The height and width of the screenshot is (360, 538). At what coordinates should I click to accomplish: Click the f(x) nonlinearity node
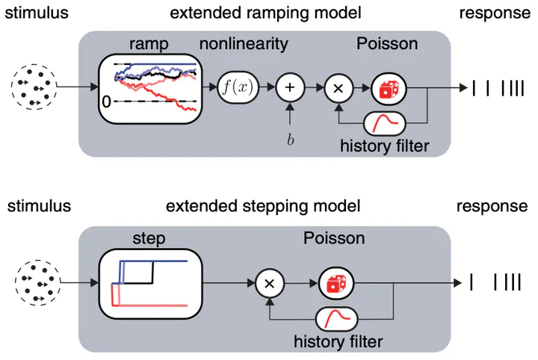point(238,87)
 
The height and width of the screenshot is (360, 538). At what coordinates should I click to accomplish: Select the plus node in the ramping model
point(290,87)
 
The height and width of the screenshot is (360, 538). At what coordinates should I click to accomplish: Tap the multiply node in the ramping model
point(338,88)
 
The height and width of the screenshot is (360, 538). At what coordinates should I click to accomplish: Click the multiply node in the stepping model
point(270,283)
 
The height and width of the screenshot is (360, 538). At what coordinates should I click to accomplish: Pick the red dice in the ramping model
point(389,89)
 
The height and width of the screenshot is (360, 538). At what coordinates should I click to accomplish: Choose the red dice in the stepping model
point(336,284)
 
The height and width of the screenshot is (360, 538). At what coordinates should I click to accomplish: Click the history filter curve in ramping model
point(385,123)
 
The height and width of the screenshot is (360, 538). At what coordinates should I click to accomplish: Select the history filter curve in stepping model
point(336,319)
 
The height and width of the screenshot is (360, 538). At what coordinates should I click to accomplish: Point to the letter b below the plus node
point(290,140)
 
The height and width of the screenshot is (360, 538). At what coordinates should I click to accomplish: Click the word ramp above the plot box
point(149,44)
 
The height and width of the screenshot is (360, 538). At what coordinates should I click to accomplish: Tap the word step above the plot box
point(149,238)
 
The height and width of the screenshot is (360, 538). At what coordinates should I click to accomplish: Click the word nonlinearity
point(244,44)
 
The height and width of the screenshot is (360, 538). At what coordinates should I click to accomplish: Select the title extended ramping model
point(265,13)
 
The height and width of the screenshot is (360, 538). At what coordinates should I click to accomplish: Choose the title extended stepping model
point(263,206)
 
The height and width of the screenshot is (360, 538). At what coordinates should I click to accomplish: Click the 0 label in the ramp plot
point(106,102)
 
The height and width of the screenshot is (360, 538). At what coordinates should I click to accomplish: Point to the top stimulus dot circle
point(34,87)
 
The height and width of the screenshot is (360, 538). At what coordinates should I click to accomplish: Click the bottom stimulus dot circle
point(38,282)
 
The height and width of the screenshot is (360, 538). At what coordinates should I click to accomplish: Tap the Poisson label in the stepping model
point(334,238)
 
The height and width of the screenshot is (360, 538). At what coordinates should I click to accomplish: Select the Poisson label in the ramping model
point(387,44)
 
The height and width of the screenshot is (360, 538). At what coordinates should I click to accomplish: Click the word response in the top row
point(495,13)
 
